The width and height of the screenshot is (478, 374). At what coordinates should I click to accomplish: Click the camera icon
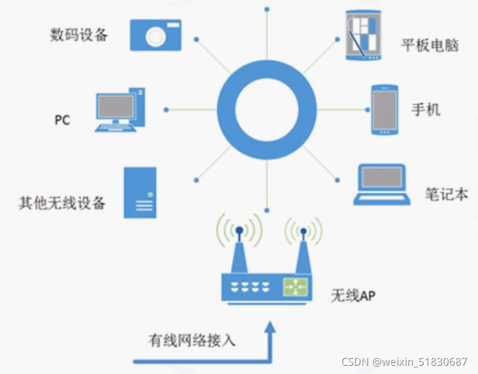(x=156, y=34)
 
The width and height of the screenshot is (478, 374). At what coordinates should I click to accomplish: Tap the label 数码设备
(x=79, y=34)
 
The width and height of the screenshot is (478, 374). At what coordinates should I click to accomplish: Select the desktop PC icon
(x=121, y=109)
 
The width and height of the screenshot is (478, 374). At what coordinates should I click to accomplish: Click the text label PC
(x=62, y=120)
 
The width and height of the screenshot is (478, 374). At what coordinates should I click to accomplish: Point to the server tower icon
(x=139, y=193)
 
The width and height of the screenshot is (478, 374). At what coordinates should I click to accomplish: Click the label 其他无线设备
(x=62, y=203)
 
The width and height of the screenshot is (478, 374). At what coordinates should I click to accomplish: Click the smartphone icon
(x=385, y=110)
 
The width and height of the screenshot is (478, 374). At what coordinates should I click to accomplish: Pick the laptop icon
(x=382, y=185)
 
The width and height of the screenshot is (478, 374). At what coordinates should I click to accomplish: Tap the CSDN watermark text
(x=405, y=362)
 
